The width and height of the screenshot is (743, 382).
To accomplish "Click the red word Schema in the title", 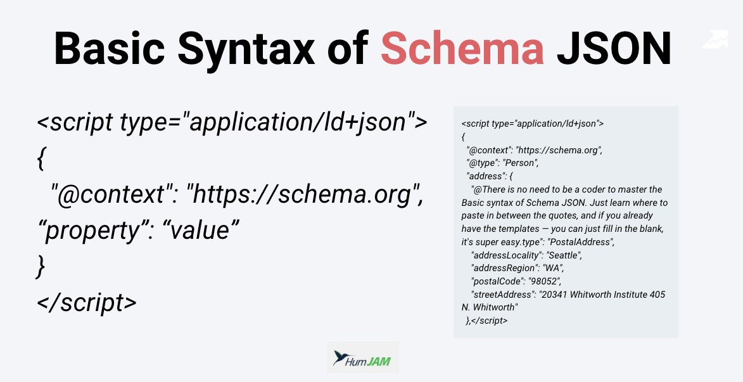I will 462,49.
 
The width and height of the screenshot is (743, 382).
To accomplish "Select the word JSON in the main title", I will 614,49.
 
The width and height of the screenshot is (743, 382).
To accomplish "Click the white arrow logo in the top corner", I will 715,39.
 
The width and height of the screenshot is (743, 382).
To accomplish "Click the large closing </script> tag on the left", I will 87,302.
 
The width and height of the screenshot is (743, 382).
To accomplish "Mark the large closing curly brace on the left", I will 41,267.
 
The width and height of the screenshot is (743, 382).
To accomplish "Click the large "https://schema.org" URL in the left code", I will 304,195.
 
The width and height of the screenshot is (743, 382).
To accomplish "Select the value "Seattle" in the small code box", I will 564,255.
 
